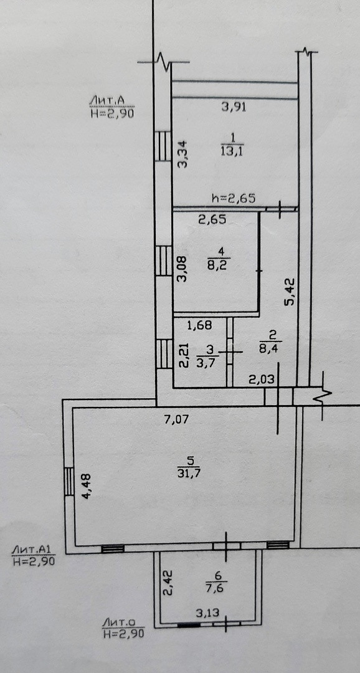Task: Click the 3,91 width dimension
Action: pos(234,107)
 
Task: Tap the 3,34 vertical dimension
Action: pos(183,155)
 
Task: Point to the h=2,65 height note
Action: pos(234,198)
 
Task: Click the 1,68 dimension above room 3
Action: pos(199,325)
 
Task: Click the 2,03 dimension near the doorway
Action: pos(261,379)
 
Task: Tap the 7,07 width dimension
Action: pos(177,420)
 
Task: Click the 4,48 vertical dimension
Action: pos(88,485)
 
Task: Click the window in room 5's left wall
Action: pos(69,482)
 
